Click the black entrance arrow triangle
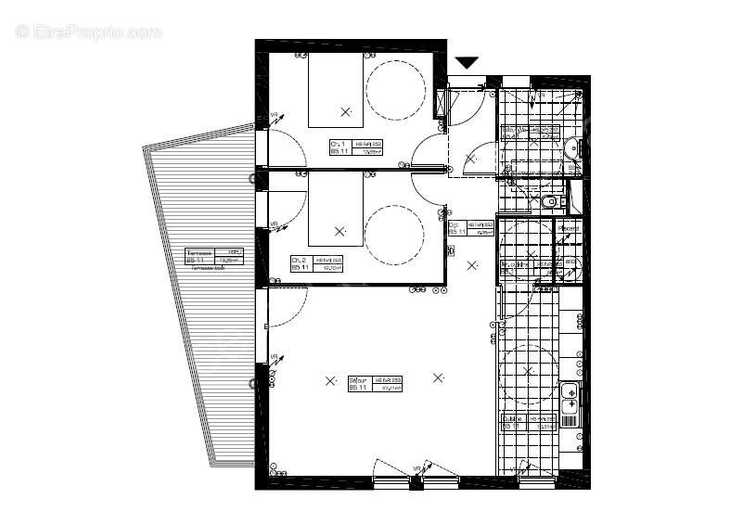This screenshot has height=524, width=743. click(x=467, y=62)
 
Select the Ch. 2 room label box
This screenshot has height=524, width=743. click(x=316, y=263)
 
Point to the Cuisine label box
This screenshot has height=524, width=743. click(x=530, y=422)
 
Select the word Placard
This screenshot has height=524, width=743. click(x=569, y=228)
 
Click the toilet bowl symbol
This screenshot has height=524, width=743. click(x=550, y=200)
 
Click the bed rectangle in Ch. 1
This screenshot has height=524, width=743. click(x=334, y=90)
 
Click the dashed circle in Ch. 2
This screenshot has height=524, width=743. click(x=395, y=234)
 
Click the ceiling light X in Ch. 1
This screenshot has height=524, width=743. click(x=346, y=111)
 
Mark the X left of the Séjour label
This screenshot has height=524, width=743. click(x=330, y=379)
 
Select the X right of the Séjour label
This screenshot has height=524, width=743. click(x=438, y=377)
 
